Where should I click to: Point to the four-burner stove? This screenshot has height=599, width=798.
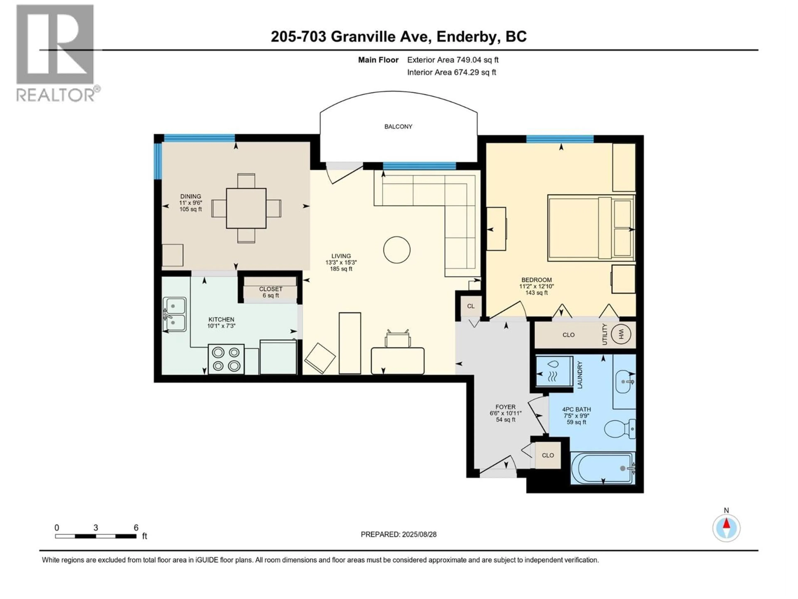(226, 359)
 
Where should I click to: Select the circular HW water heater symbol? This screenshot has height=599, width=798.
(621, 334)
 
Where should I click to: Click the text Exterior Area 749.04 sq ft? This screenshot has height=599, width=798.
(453, 60)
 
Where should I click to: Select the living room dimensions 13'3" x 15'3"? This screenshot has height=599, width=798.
(341, 262)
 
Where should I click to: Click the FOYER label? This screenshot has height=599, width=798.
(505, 407)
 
